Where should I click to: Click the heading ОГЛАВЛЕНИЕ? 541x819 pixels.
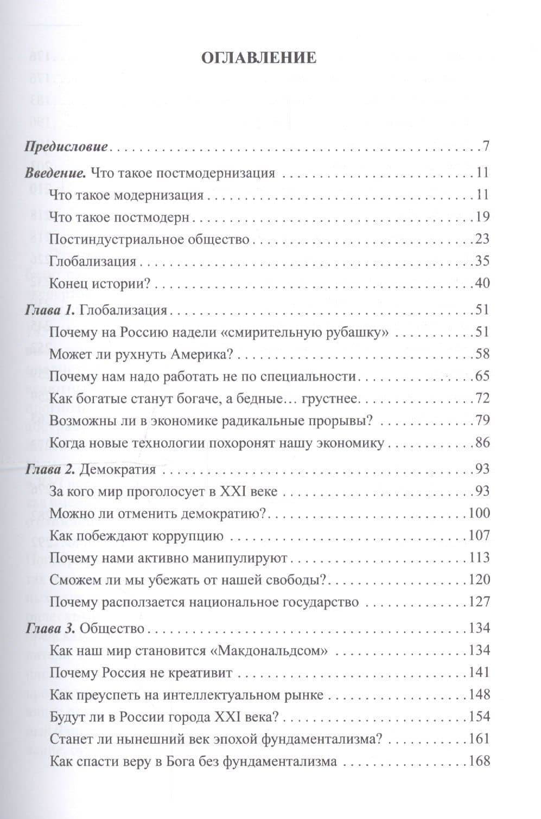click(258, 58)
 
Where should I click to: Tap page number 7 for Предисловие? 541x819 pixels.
click(486, 146)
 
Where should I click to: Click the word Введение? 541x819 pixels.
click(55, 174)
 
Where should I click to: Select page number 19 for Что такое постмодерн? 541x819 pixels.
click(482, 217)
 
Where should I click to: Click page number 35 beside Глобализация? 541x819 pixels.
click(482, 261)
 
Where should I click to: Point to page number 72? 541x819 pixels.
click(482, 399)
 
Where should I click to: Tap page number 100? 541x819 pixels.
click(479, 513)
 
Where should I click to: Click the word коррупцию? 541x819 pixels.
click(189, 536)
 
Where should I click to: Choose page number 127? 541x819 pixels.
click(479, 602)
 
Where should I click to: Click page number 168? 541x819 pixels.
click(479, 761)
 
